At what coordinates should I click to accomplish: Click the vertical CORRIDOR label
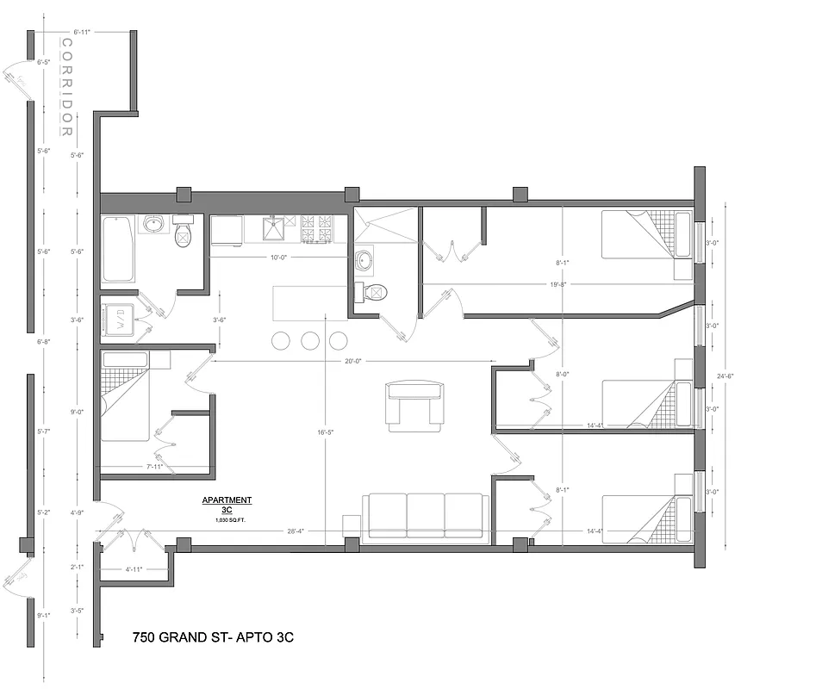click(x=65, y=87)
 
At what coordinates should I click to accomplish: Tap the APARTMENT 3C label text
click(x=227, y=504)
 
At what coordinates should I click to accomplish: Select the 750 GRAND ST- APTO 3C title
click(x=215, y=638)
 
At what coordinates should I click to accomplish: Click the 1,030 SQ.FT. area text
click(x=227, y=520)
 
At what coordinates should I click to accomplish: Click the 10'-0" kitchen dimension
click(x=277, y=257)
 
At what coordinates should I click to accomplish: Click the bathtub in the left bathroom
click(x=118, y=249)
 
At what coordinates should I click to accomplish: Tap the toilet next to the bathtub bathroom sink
click(x=183, y=232)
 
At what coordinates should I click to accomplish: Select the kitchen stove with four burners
click(x=316, y=228)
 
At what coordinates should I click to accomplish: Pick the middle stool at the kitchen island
click(x=309, y=340)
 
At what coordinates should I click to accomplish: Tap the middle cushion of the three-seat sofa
click(x=425, y=514)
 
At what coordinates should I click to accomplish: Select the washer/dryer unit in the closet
click(x=117, y=320)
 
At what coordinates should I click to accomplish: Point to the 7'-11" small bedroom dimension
click(x=155, y=467)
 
